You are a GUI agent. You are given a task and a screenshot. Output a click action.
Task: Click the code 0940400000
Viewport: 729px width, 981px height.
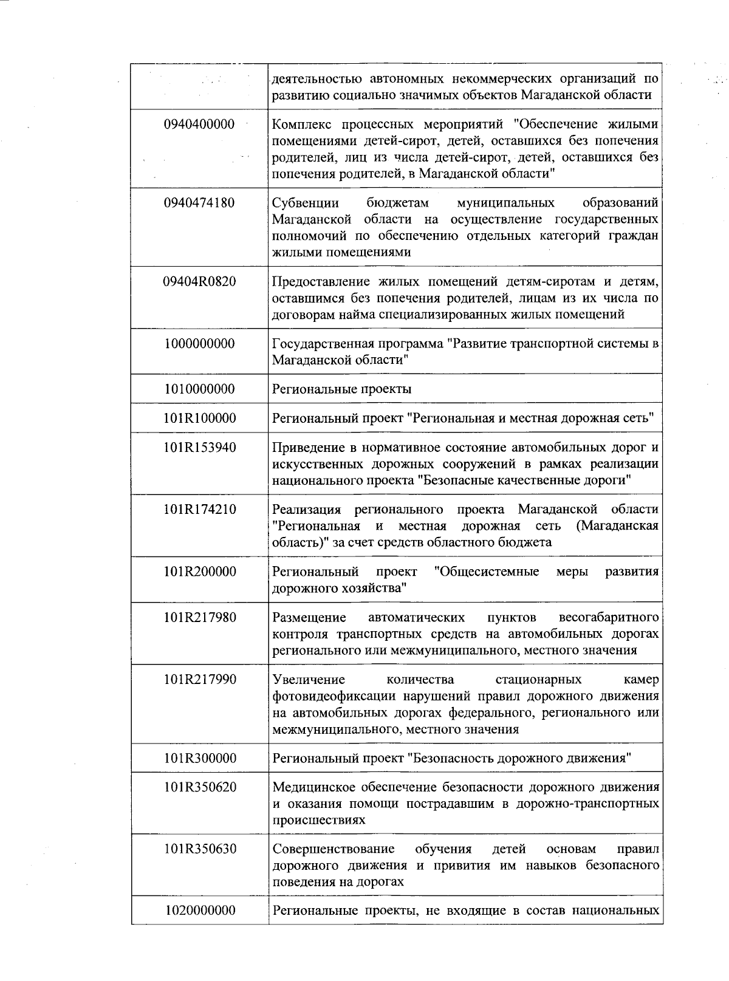point(199,125)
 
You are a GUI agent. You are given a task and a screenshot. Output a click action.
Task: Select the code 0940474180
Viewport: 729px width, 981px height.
point(199,203)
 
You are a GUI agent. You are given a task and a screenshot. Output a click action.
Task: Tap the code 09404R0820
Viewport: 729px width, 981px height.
point(199,281)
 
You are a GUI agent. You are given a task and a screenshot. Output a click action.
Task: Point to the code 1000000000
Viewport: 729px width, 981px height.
point(199,344)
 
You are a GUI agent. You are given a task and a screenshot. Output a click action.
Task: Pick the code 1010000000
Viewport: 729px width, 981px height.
point(199,389)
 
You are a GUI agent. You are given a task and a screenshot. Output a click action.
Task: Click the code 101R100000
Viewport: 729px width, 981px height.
point(199,418)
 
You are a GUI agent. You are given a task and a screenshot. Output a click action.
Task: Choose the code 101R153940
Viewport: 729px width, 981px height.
point(199,448)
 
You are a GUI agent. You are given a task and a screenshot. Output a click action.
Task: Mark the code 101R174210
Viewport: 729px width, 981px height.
point(199,510)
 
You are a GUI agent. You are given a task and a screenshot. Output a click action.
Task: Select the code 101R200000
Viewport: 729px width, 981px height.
point(199,572)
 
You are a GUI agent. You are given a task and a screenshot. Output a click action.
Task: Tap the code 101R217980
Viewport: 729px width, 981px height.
point(199,618)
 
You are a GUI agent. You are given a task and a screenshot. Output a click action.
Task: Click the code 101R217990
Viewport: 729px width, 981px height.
point(199,680)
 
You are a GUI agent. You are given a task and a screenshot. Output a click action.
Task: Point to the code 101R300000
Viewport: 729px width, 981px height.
point(199,758)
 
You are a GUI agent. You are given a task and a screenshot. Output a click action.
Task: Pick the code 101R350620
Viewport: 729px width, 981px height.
point(199,787)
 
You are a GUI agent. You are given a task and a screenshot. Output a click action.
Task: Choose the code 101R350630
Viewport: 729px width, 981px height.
point(199,849)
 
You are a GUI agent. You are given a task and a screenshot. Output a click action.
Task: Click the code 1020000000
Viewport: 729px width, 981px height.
point(199,911)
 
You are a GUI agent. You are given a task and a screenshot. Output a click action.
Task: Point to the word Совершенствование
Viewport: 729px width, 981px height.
point(333,849)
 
